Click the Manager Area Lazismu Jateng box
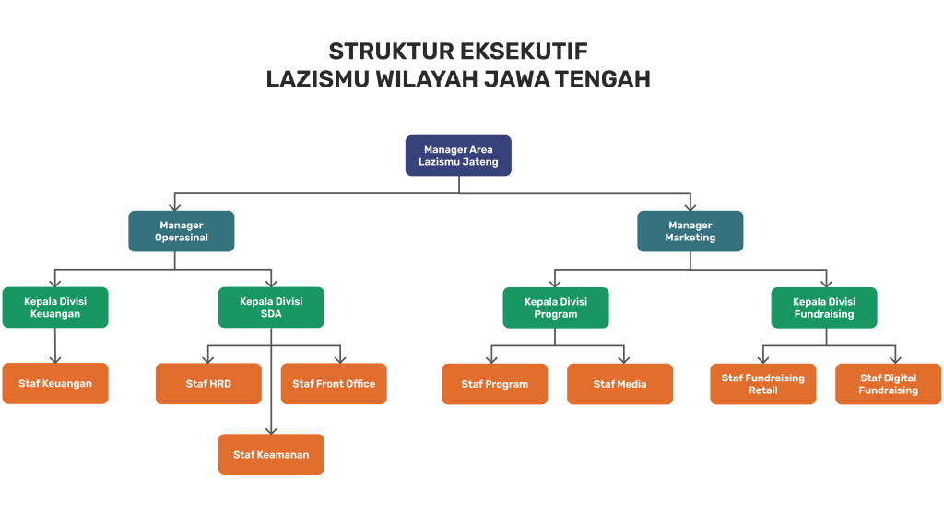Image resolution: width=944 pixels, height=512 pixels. pyautogui.click(x=458, y=156)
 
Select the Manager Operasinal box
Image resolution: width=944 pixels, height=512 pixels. pyautogui.click(x=182, y=231)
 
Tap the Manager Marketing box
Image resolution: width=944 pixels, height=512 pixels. pyautogui.click(x=690, y=231)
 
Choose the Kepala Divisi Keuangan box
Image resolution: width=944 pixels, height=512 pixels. pyautogui.click(x=55, y=308)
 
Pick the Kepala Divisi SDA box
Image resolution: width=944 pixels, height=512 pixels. pyautogui.click(x=271, y=308)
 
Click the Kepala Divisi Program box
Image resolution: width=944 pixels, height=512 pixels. pyautogui.click(x=556, y=308)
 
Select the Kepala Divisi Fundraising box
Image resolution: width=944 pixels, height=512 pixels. pyautogui.click(x=824, y=308)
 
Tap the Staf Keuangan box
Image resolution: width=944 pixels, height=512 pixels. pyautogui.click(x=55, y=384)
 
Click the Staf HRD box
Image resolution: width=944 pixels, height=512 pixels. pyautogui.click(x=208, y=384)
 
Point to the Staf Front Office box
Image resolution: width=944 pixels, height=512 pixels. pyautogui.click(x=334, y=384)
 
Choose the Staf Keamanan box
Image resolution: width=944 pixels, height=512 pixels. pyautogui.click(x=271, y=454)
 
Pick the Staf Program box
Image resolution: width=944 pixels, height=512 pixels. pyautogui.click(x=495, y=384)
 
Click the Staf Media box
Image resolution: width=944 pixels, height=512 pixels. pyautogui.click(x=620, y=384)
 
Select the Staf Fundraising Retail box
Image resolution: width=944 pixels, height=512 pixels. pyautogui.click(x=763, y=384)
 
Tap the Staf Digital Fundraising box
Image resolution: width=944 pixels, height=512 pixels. pyautogui.click(x=889, y=384)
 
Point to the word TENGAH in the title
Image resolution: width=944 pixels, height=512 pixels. pyautogui.click(x=603, y=79)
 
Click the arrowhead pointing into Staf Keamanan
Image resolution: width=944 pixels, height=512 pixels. pyautogui.click(x=271, y=429)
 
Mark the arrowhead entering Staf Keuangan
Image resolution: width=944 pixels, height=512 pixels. pyautogui.click(x=55, y=358)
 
